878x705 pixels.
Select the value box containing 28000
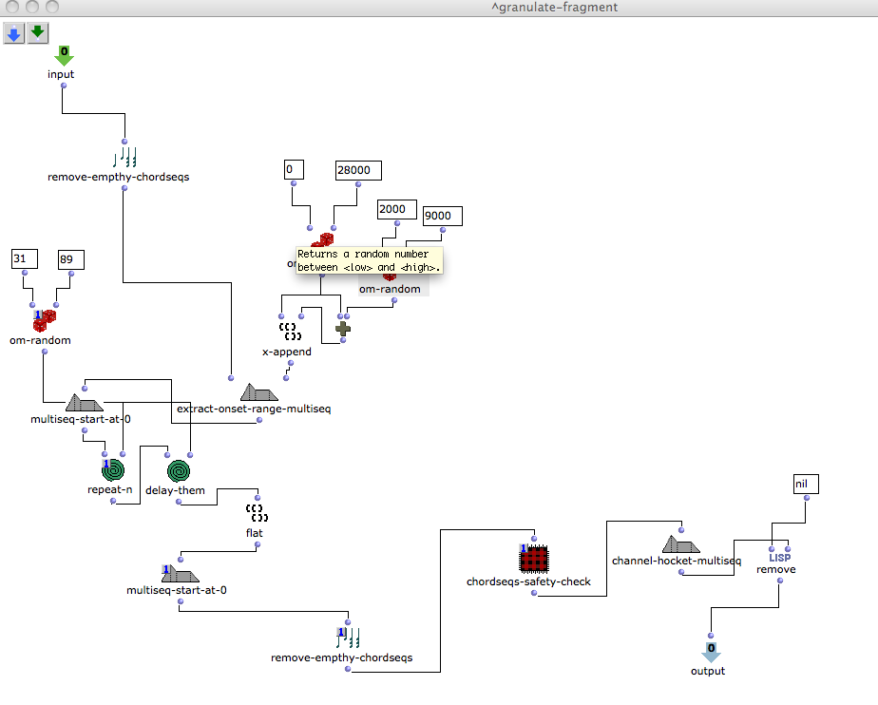pyautogui.click(x=358, y=170)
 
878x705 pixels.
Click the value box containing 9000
pyautogui.click(x=442, y=217)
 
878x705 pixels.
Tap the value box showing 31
pyautogui.click(x=25, y=258)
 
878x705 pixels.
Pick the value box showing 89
pyautogui.click(x=71, y=258)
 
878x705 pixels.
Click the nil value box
pyautogui.click(x=806, y=485)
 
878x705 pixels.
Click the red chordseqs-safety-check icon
pyautogui.click(x=535, y=558)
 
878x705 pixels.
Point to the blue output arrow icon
pyautogui.click(x=711, y=653)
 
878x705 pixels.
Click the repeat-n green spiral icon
pyautogui.click(x=114, y=470)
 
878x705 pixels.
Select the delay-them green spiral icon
pyautogui.click(x=178, y=470)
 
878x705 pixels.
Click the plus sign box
pyautogui.click(x=342, y=329)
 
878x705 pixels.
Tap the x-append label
pyautogui.click(x=287, y=352)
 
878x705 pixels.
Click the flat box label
pyautogui.click(x=255, y=533)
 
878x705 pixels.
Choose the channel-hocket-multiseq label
pyautogui.click(x=677, y=561)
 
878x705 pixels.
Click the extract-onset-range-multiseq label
pyautogui.click(x=254, y=409)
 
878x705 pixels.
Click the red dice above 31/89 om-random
pyautogui.click(x=44, y=320)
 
